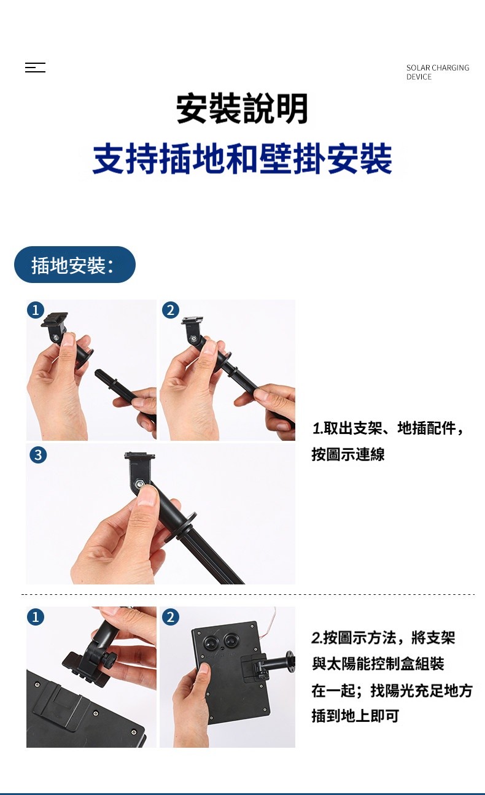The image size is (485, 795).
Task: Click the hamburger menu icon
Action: coord(35,68)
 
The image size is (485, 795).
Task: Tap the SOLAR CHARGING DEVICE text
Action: coord(438,72)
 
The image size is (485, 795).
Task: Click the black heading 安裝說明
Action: coord(242,109)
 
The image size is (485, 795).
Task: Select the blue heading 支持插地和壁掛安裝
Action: coord(242,159)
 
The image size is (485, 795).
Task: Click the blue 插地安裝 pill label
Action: coord(75,265)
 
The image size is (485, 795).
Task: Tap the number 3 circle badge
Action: coord(38,455)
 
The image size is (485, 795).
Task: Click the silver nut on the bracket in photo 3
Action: coord(139,483)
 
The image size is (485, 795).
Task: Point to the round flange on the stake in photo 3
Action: coord(186,525)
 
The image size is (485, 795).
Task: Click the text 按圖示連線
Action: coord(348,454)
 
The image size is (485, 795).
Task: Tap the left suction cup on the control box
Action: coord(211,642)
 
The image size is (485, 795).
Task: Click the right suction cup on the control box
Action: coord(231,641)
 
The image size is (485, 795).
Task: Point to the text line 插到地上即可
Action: coord(355,716)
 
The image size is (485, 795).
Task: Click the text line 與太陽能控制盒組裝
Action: coord(378,664)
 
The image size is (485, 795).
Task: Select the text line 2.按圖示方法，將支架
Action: coord(384,637)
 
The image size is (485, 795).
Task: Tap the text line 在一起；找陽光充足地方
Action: coord(392,689)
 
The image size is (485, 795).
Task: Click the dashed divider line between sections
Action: coord(248,594)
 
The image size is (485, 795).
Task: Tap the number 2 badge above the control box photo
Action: coord(171,617)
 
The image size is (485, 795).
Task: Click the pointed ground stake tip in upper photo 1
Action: coord(96,372)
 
